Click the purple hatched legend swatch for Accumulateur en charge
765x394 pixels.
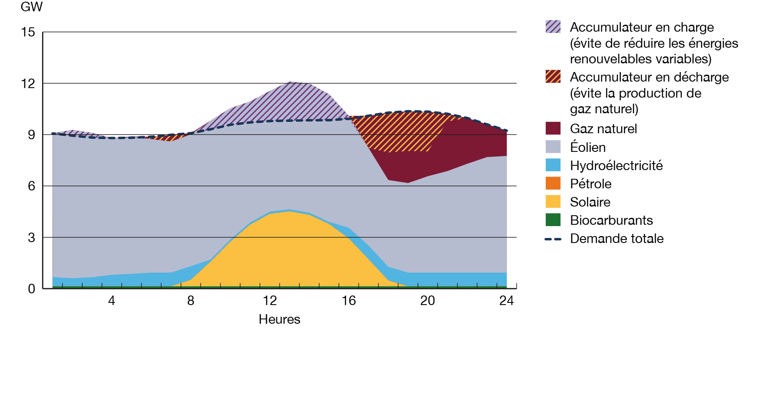(x=553, y=27)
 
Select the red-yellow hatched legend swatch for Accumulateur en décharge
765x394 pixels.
(x=553, y=77)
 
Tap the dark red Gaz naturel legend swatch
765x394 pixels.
(x=553, y=128)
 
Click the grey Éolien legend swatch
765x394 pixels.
(x=553, y=147)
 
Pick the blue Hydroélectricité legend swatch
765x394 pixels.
(x=553, y=165)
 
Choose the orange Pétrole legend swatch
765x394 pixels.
(x=553, y=184)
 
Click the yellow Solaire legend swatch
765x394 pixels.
(x=553, y=202)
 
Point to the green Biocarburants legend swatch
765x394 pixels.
(x=553, y=220)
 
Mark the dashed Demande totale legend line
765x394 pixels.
(x=553, y=239)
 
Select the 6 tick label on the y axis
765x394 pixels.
(x=32, y=186)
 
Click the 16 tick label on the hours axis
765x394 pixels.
(x=348, y=301)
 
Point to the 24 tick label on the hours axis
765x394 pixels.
(x=506, y=301)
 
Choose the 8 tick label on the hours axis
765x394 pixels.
(x=191, y=301)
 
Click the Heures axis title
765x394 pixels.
(x=279, y=319)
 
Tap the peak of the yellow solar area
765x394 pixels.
(x=289, y=213)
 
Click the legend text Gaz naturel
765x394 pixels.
(x=603, y=129)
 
